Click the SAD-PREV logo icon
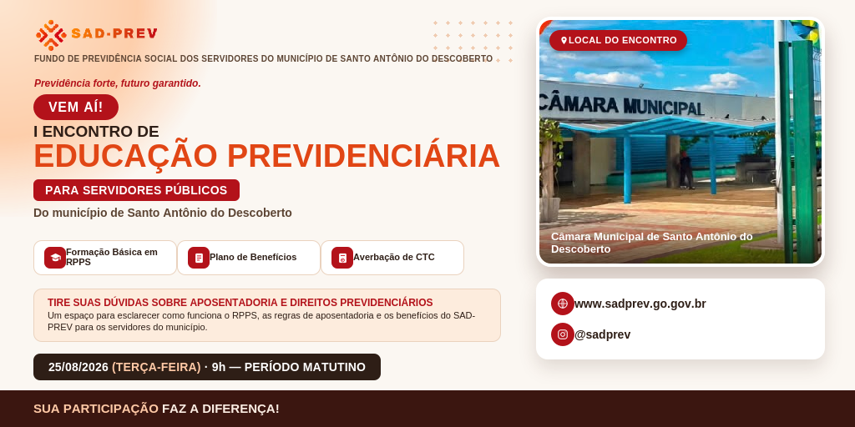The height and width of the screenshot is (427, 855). pos(51,35)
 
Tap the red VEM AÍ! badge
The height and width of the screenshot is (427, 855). pos(76,107)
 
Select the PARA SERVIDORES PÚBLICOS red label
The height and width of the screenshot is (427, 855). pos(136,190)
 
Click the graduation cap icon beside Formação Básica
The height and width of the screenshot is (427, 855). pos(55,258)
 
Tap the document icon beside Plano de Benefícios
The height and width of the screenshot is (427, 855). pos(199,258)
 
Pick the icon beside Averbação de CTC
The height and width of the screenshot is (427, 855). pos(341,258)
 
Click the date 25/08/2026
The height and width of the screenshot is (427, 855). pos(78,367)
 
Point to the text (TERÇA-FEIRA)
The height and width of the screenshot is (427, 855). pos(156,367)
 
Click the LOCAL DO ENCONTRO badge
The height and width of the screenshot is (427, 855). pos(618,40)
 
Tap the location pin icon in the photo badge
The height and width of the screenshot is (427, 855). pos(564,40)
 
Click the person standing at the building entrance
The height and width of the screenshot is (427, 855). pos(686,169)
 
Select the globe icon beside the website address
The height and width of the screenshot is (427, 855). pos(562,304)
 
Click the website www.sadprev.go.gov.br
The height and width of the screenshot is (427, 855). pos(640,304)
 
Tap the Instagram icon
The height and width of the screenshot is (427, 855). pos(562,334)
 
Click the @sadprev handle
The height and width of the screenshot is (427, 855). pos(603,335)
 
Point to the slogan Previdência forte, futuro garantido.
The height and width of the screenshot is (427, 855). pos(118,83)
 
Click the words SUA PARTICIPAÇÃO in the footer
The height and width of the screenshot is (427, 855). pos(96,409)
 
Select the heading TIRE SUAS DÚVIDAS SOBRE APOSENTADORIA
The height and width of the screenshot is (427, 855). pos(240,302)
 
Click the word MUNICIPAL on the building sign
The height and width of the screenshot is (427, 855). pos(664,107)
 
